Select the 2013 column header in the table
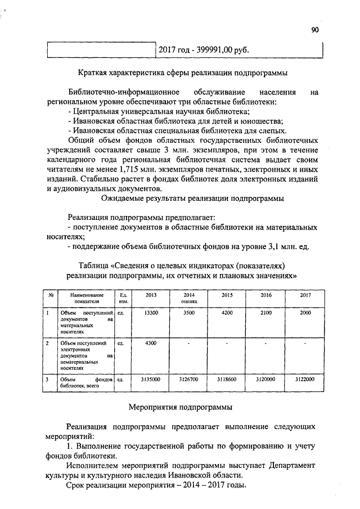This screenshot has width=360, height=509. pos(151,295)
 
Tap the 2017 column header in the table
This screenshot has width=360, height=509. pos(305,295)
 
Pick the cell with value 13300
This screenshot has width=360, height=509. pos(151,312)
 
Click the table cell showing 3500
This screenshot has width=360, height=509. pos(188,312)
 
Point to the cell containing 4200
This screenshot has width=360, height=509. pos(228,312)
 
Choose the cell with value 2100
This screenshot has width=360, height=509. pos(266,312)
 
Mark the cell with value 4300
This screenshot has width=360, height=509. pos(151,343)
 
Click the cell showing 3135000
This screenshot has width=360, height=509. pos(151,380)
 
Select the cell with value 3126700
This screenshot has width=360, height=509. pos(188,380)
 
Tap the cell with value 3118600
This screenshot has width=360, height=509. pos(228,380)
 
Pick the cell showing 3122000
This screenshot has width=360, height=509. pos(305,380)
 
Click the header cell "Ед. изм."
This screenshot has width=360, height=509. pos(124,298)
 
